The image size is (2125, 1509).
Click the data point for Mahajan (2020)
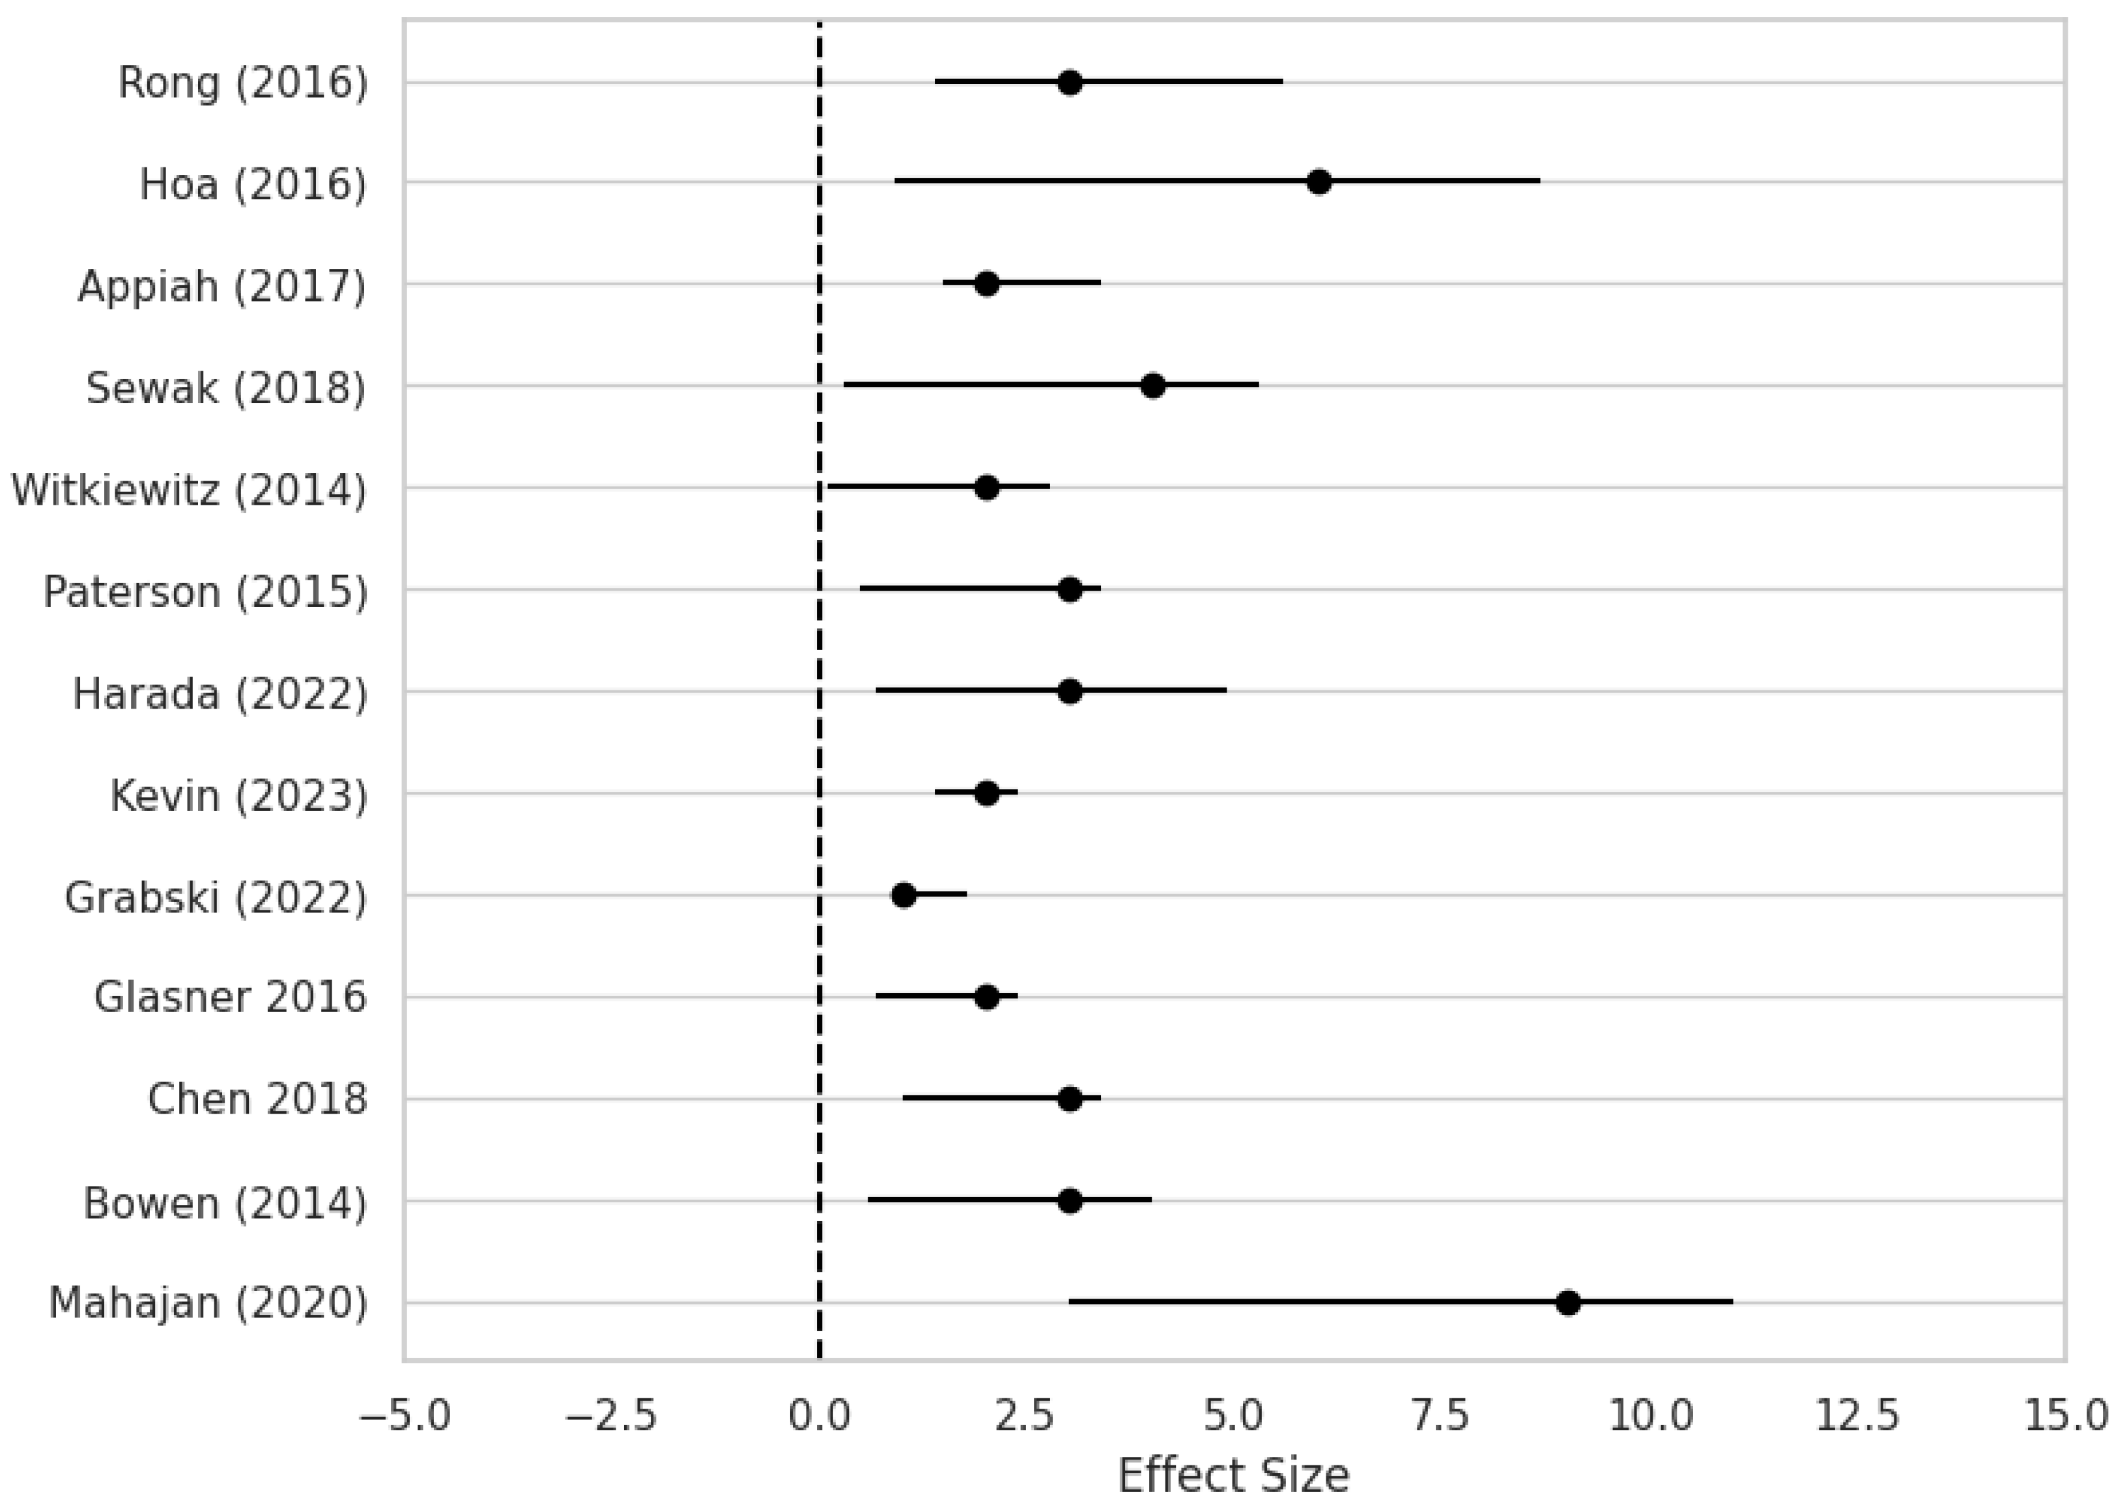click(x=1567, y=1303)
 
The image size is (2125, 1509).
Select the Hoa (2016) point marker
click(x=1319, y=182)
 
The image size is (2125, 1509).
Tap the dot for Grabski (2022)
click(x=903, y=896)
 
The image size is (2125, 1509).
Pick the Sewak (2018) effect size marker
click(x=1152, y=386)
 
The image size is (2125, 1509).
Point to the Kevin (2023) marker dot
click(x=987, y=793)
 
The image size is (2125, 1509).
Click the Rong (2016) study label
click(x=242, y=83)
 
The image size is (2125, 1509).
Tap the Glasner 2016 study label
click(x=231, y=998)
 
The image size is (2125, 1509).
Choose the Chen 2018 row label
click(x=257, y=1099)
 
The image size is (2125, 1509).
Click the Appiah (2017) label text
click(x=222, y=286)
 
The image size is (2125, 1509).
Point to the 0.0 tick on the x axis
click(x=819, y=1416)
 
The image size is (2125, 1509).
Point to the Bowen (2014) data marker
click(x=1070, y=1200)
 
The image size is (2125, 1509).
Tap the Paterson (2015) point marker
click(x=1070, y=590)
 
